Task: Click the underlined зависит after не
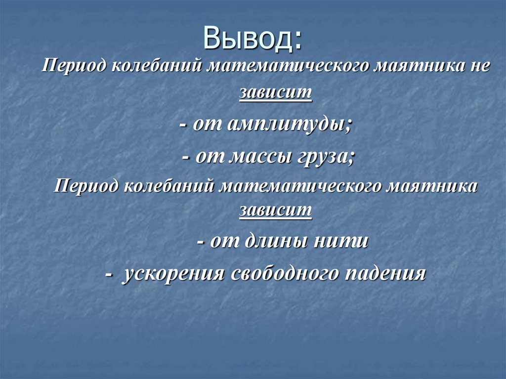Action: click(x=276, y=92)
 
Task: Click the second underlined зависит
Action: click(x=276, y=211)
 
